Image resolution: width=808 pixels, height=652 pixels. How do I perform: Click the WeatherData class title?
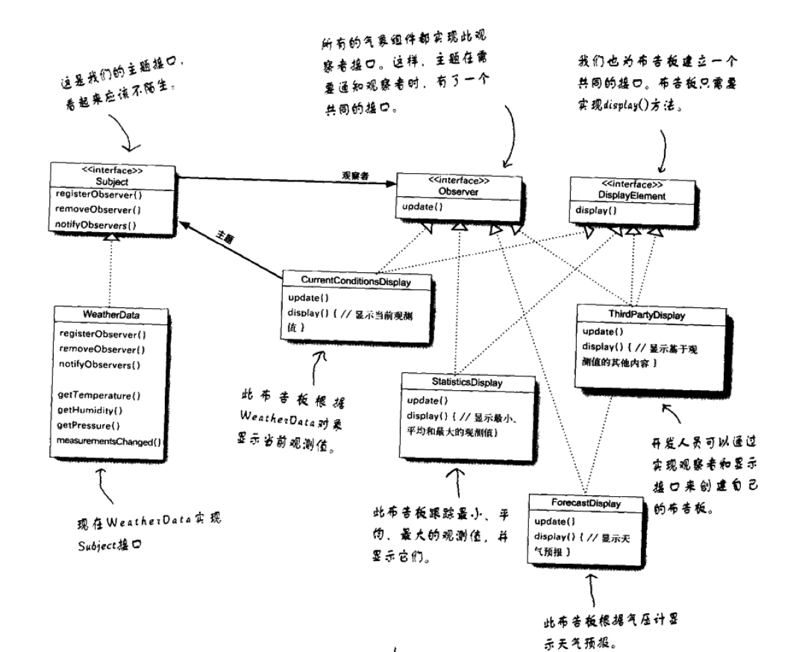(103, 316)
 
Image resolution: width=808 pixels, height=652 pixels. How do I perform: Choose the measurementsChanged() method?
(110, 441)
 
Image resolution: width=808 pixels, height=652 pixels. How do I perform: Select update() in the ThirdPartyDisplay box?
(598, 330)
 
